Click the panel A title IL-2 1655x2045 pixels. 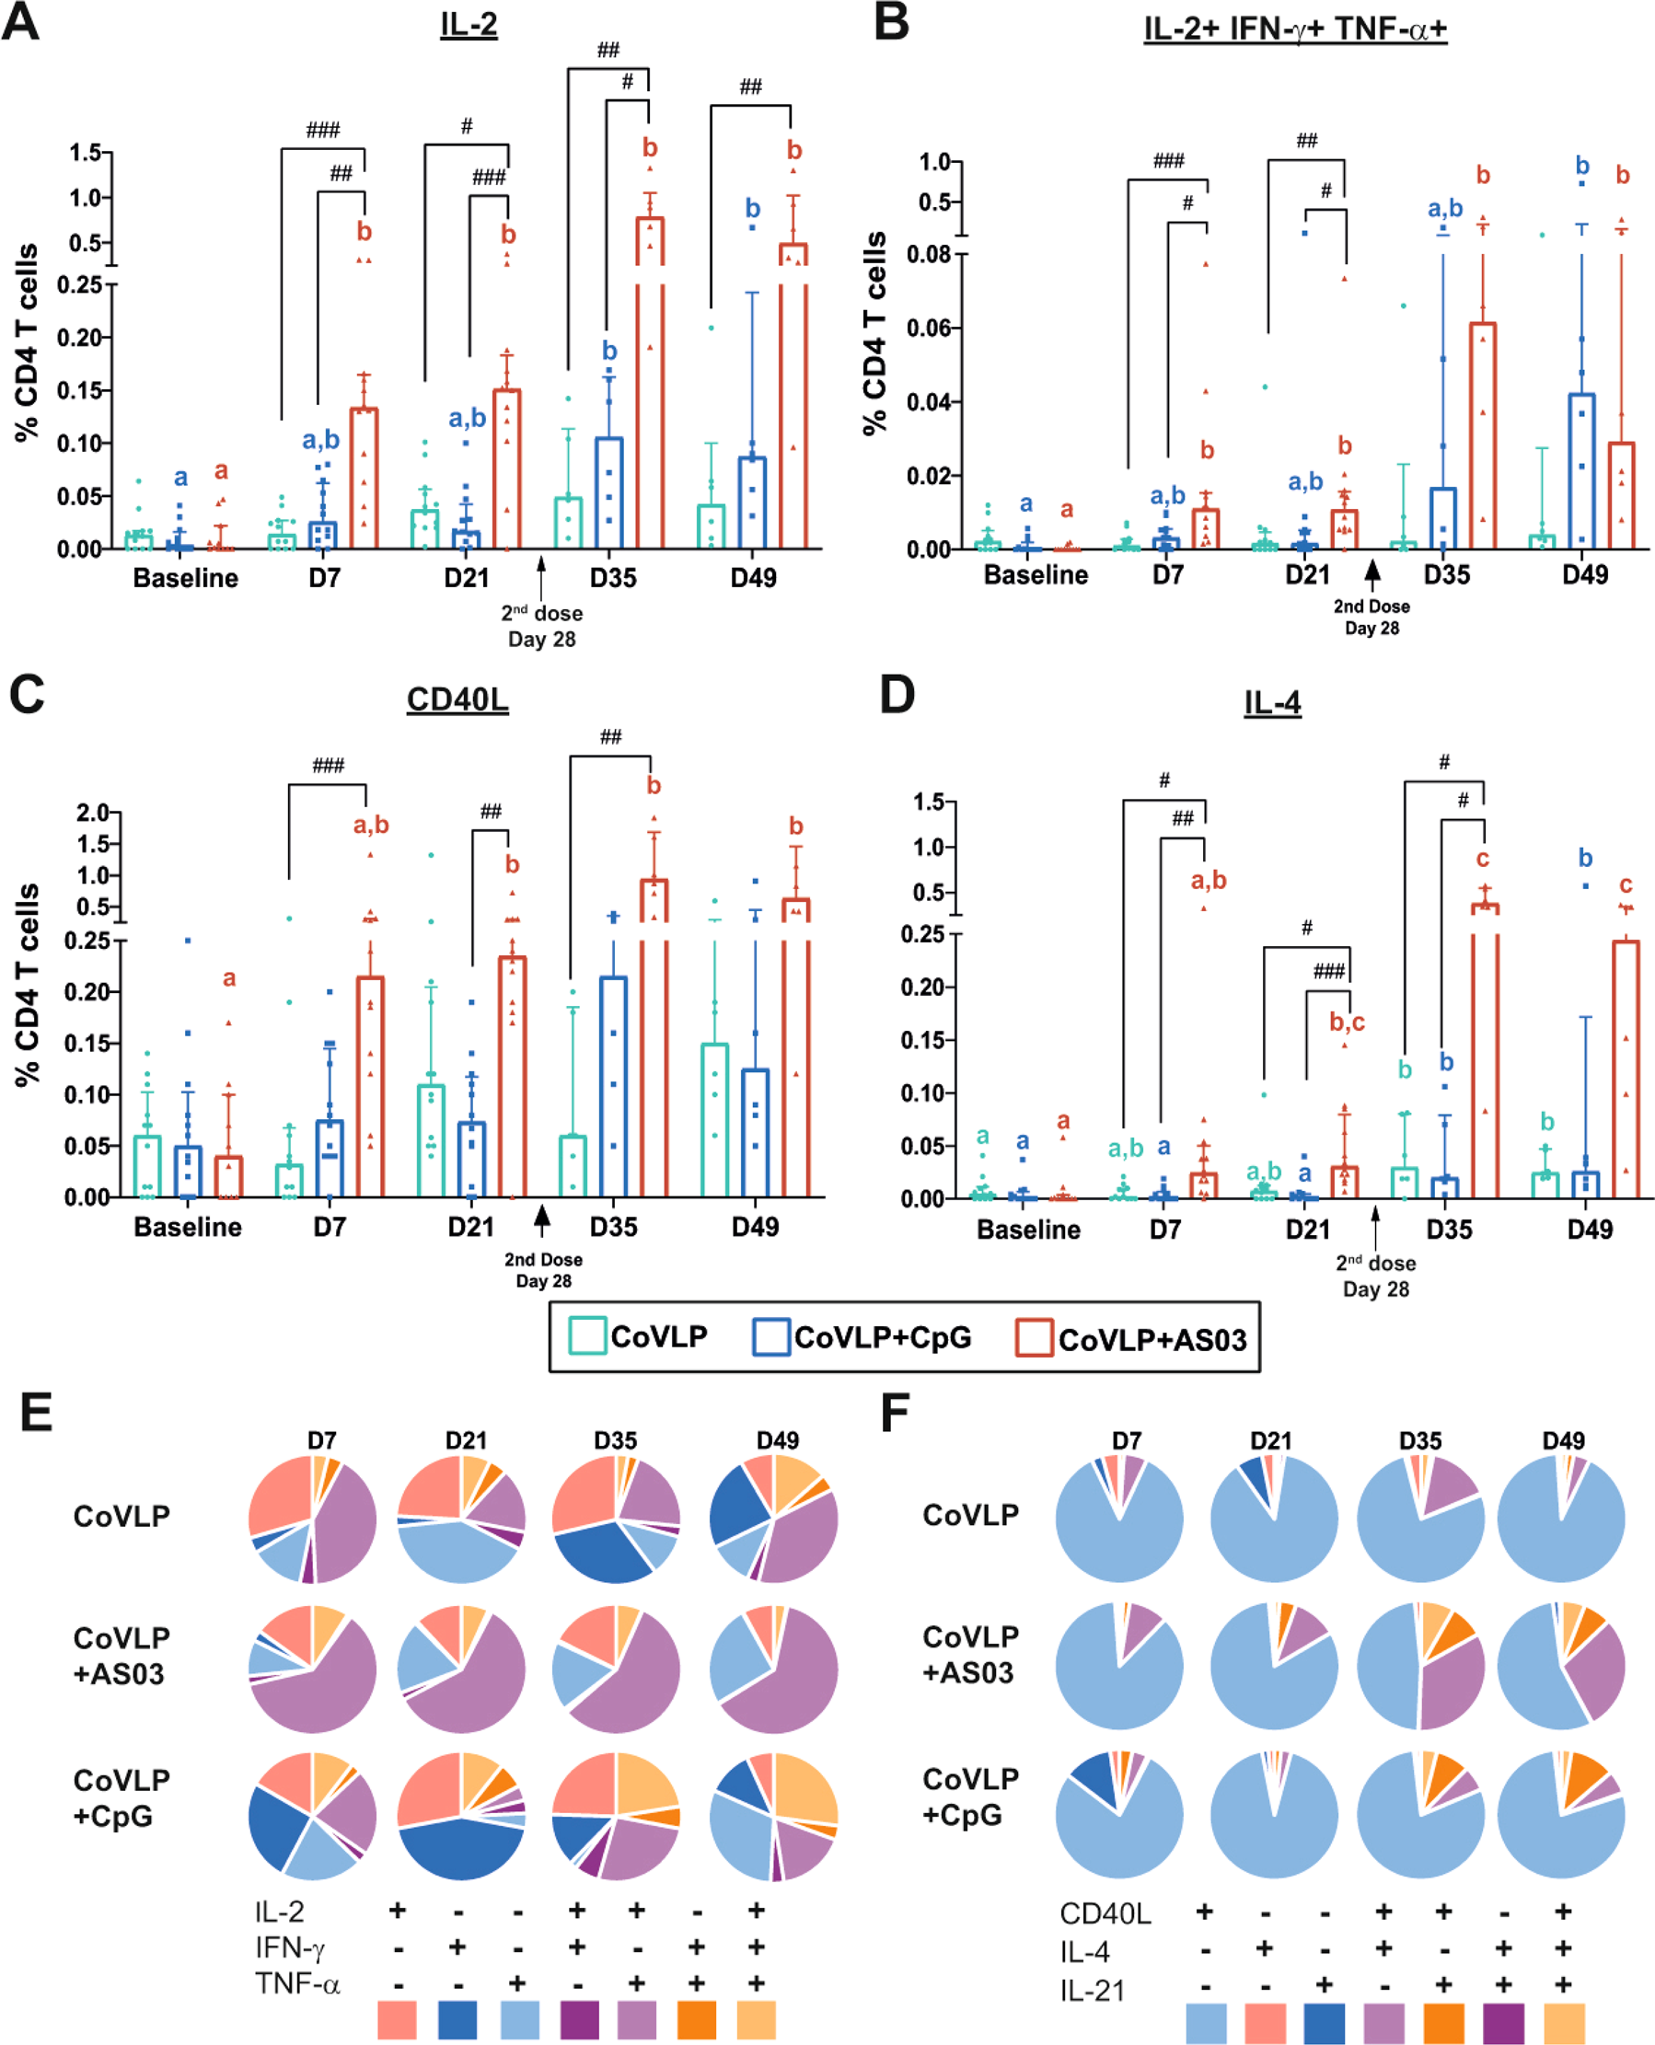469,24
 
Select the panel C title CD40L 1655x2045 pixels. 457,699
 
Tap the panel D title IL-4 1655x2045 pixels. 1272,702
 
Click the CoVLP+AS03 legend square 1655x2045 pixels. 1035,1337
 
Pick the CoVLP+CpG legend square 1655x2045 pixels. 770,1336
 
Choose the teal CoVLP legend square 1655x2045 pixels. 587,1335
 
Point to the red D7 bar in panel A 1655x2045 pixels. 364,477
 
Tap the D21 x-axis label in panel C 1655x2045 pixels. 471,1226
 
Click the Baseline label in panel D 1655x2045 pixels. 1029,1229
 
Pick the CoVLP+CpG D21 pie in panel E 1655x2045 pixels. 461,1816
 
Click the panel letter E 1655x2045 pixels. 36,1412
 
